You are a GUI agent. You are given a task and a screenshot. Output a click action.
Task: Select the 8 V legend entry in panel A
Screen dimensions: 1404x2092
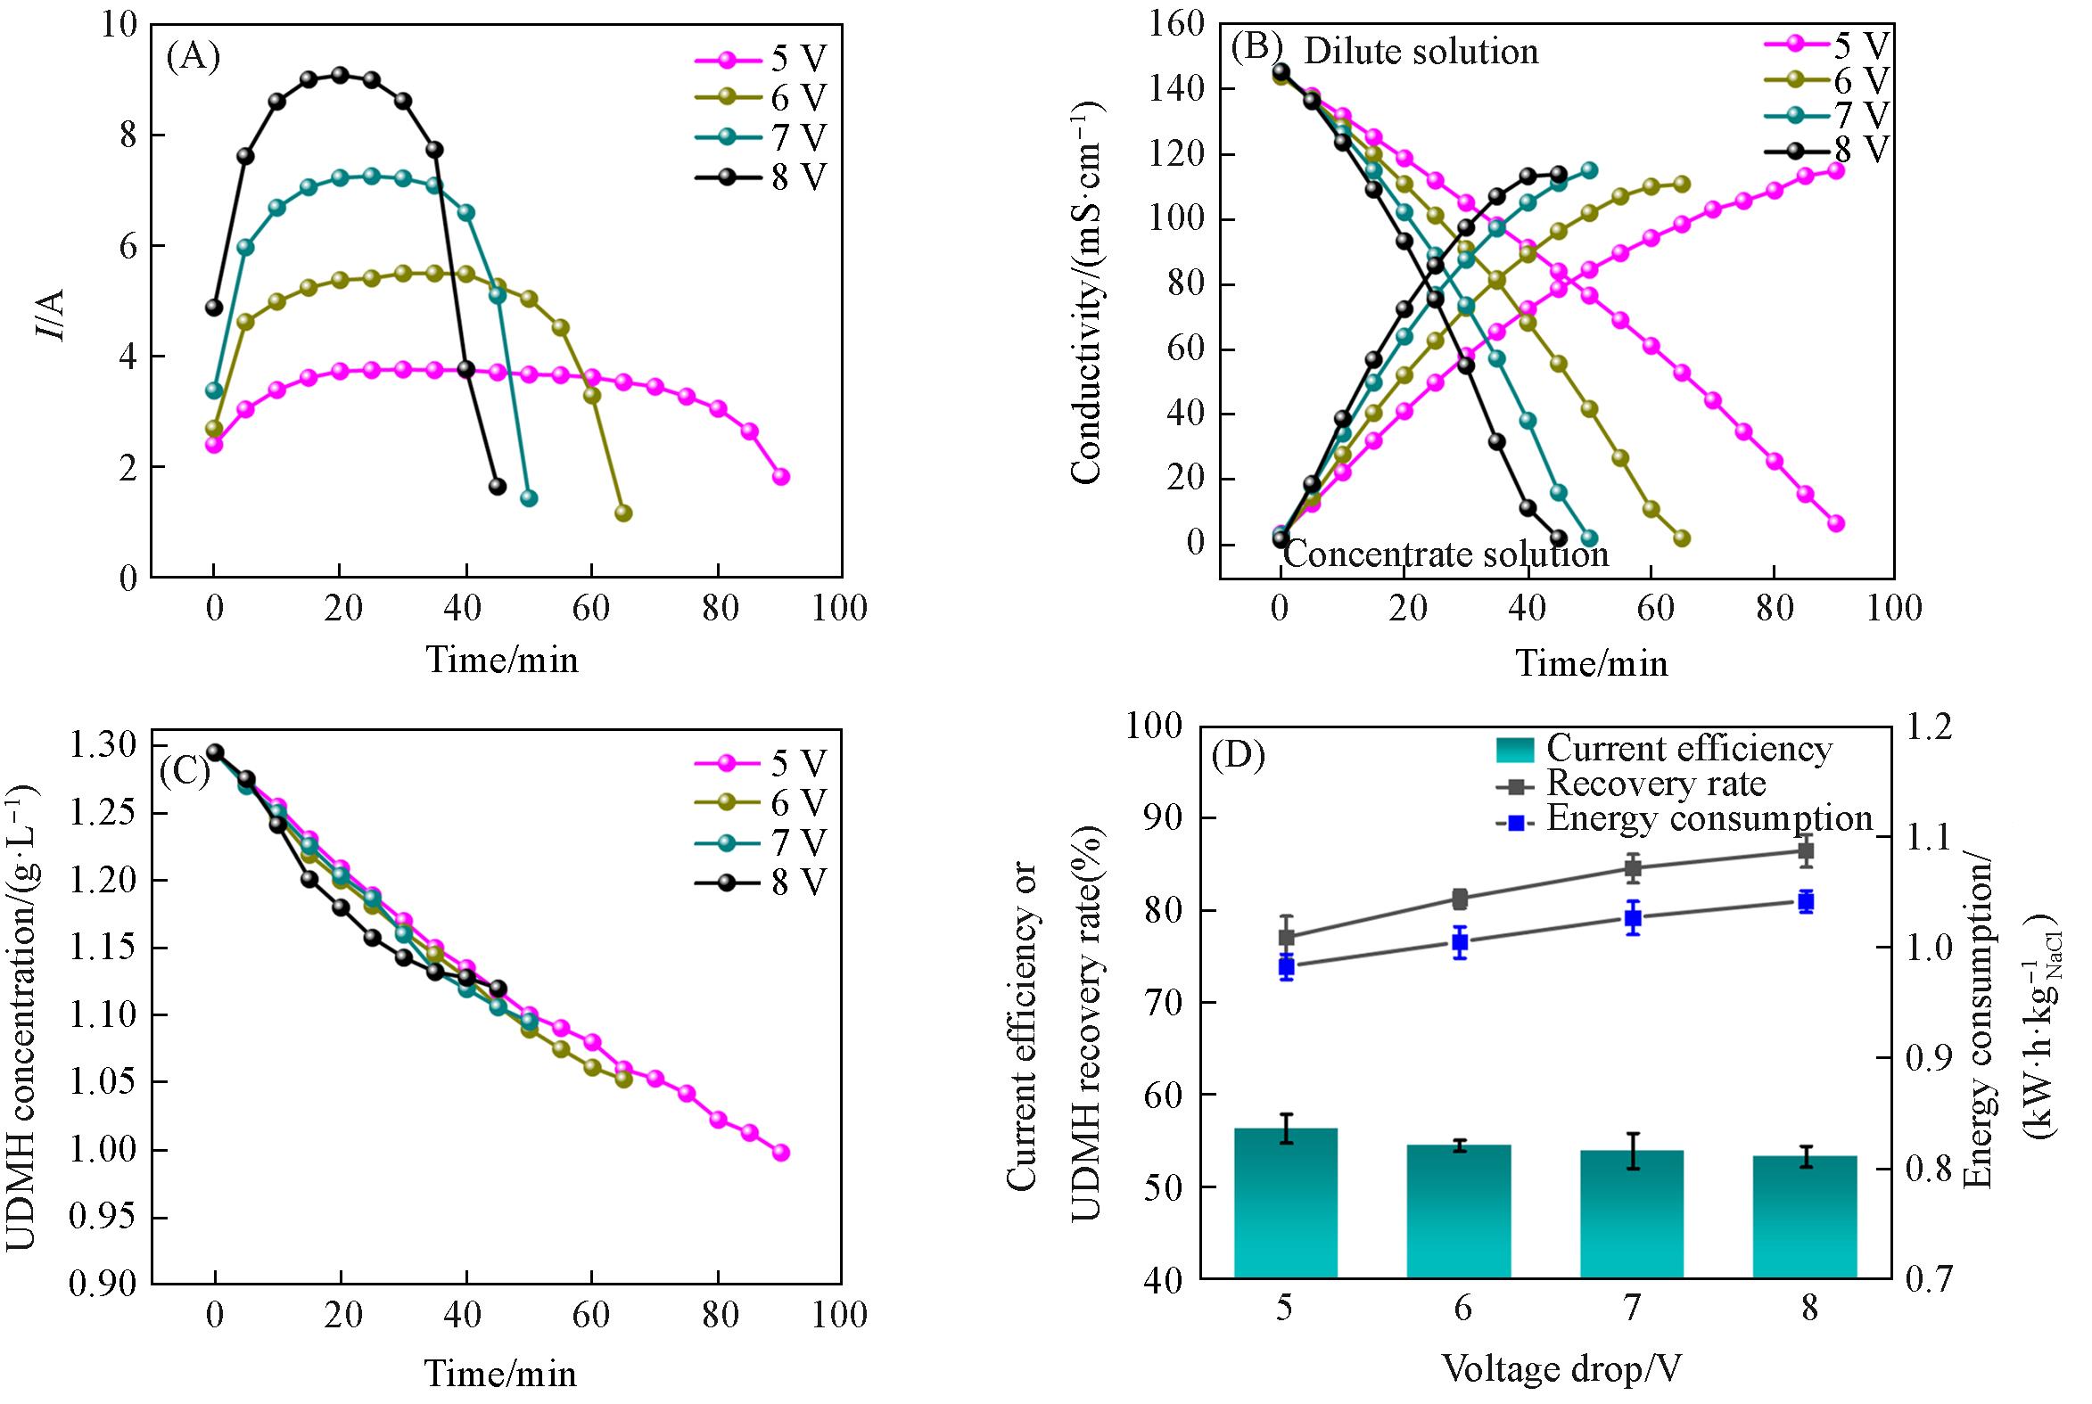point(762,178)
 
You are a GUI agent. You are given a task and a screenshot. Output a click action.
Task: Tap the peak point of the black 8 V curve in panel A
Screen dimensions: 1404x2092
point(340,74)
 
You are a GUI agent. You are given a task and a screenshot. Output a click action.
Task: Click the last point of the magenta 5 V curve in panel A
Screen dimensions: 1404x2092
point(781,476)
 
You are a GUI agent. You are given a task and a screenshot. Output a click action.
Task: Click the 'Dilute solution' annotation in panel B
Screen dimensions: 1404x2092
point(1421,52)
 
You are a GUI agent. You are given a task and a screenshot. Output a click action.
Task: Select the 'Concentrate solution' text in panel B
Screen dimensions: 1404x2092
point(1446,554)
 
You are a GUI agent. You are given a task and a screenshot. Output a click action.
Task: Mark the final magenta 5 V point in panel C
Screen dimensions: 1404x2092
point(781,1153)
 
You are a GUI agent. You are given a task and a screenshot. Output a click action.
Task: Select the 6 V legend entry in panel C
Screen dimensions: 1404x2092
point(762,803)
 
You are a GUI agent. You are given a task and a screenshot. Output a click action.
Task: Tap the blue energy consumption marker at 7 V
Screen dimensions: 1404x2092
point(1633,918)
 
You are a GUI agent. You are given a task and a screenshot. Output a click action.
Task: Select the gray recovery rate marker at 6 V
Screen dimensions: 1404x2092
point(1460,899)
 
